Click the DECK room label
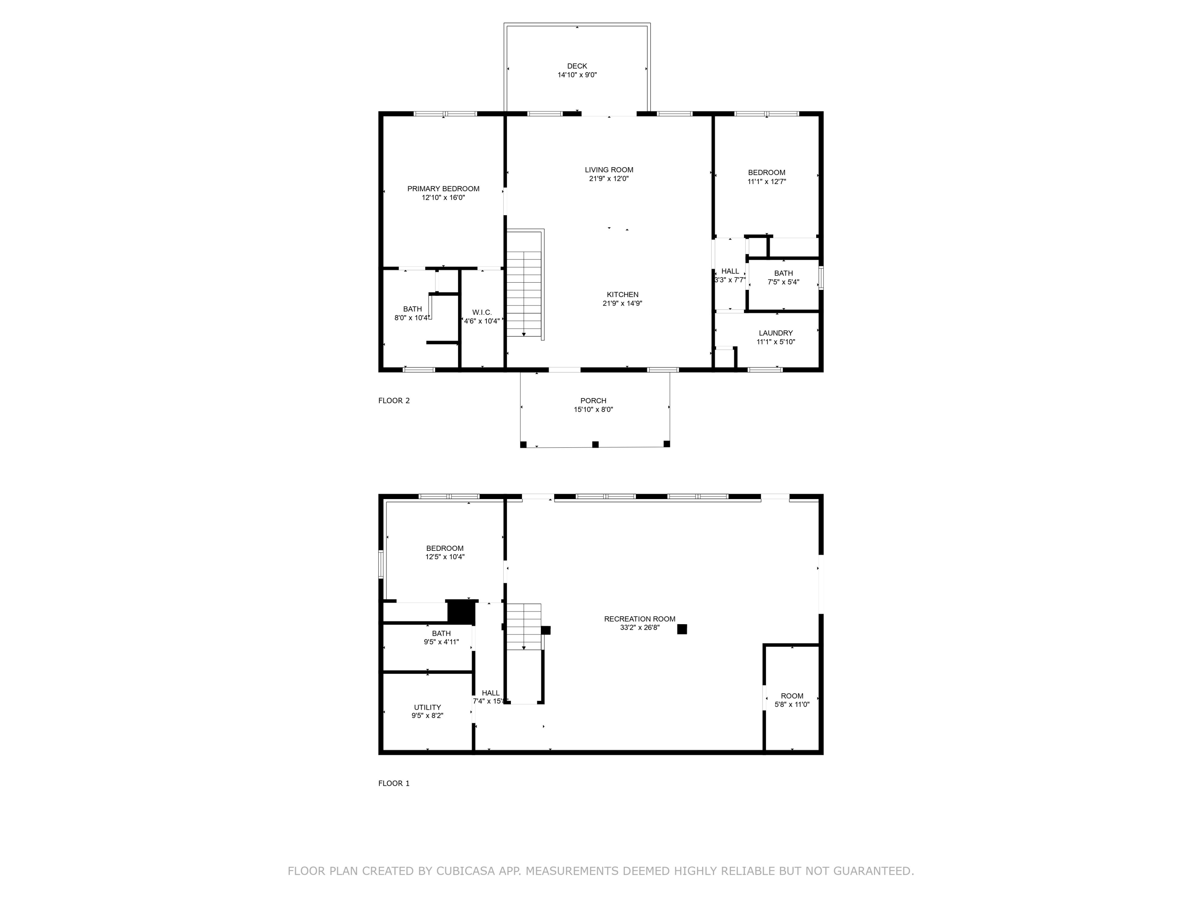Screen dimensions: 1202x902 (x=577, y=66)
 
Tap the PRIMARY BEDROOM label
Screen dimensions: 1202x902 (x=444, y=189)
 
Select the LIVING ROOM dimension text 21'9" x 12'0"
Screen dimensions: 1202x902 (x=609, y=179)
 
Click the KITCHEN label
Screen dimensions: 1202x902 (x=623, y=295)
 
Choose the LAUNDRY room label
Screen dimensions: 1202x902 (x=776, y=333)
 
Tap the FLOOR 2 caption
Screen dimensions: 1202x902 (x=394, y=401)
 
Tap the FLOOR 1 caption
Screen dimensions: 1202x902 (x=394, y=783)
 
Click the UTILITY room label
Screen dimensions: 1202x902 (x=428, y=707)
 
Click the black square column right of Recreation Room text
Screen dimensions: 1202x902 (x=682, y=629)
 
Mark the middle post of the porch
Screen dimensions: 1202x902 (x=595, y=444)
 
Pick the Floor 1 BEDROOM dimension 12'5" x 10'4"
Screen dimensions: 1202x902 (x=445, y=557)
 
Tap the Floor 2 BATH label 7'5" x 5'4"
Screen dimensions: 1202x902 (x=784, y=278)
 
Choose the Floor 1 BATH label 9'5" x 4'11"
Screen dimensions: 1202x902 (x=441, y=638)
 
